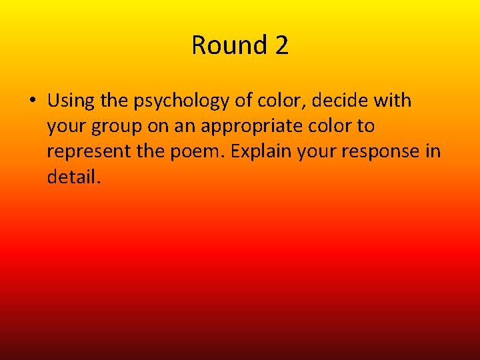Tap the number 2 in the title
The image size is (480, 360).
(x=281, y=45)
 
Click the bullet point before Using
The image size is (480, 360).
(x=32, y=101)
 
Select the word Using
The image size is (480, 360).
(x=69, y=101)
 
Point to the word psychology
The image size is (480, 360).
(x=178, y=101)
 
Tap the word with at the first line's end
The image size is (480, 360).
(x=393, y=101)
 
